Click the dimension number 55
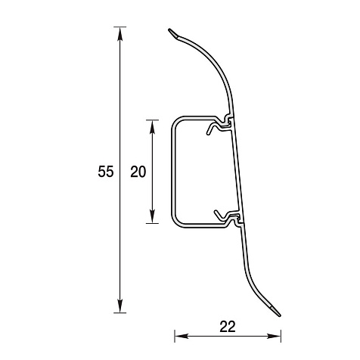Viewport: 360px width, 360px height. click(106, 172)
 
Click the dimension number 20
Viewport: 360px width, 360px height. click(138, 172)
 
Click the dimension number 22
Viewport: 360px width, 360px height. click(228, 327)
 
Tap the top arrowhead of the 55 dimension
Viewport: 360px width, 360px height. click(120, 33)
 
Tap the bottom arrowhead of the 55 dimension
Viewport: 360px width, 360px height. click(120, 306)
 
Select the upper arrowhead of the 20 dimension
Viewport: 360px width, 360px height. click(152, 127)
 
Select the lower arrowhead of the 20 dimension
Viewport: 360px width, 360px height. click(152, 216)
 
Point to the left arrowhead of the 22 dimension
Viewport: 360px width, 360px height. click(182, 336)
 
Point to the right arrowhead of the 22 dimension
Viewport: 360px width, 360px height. click(274, 336)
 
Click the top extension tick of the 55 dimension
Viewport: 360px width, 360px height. click(120, 26)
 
